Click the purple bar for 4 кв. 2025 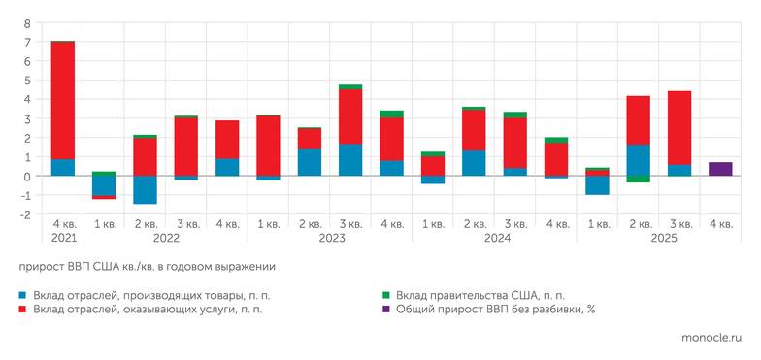click(719, 169)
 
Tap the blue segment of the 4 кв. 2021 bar click(62, 168)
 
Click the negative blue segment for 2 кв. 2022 click(145, 190)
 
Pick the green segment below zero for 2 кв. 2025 click(637, 180)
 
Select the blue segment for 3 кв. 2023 click(350, 160)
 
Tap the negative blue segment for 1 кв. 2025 click(597, 185)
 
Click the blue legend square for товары click(22, 295)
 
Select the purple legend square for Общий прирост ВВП click(387, 310)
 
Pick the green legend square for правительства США click(387, 295)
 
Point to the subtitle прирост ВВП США click(147, 266)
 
